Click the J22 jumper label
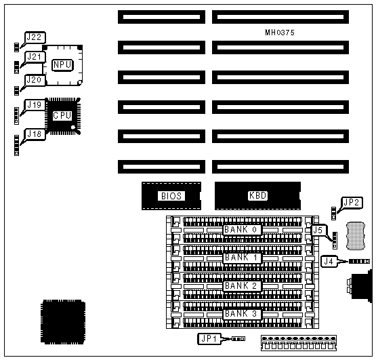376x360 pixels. tap(35, 37)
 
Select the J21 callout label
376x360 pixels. tap(35, 57)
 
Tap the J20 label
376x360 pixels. tap(35, 80)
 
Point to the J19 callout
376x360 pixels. tap(35, 105)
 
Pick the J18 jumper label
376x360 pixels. tap(35, 134)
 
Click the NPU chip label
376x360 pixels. tap(62, 65)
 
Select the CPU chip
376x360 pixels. tap(63, 116)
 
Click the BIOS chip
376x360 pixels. tap(171, 196)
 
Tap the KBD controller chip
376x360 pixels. tap(257, 196)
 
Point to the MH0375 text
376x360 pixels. tap(280, 33)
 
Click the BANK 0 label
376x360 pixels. tap(242, 230)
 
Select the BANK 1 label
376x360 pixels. tap(242, 258)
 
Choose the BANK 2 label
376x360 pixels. tap(242, 286)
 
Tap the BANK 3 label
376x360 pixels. tap(242, 314)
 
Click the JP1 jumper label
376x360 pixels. tap(209, 338)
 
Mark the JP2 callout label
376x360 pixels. tap(352, 203)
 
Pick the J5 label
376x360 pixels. tap(318, 231)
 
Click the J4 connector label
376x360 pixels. tap(329, 261)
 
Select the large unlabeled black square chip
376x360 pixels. tap(63, 322)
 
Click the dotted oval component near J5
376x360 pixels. tap(356, 236)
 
